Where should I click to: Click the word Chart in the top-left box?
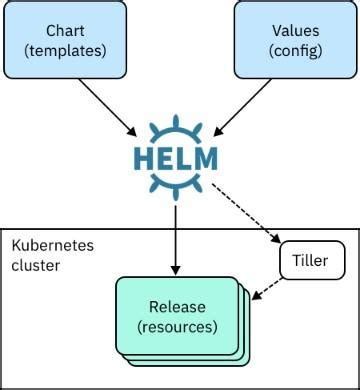[x=65, y=31]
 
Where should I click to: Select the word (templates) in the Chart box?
[x=65, y=51]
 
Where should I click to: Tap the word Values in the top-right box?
[x=296, y=31]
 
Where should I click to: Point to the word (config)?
[x=296, y=51]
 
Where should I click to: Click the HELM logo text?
[x=176, y=159]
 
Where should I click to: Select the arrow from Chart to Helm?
[x=108, y=107]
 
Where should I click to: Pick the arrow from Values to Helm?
[x=242, y=107]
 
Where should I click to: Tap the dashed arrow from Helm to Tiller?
[x=246, y=213]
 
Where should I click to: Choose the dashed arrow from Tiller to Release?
[x=267, y=289]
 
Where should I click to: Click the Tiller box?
[x=312, y=260]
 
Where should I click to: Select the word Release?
[x=177, y=307]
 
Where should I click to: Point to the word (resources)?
[x=177, y=327]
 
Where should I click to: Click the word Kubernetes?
[x=53, y=246]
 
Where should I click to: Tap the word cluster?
[x=36, y=265]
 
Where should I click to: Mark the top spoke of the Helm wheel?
[x=176, y=122]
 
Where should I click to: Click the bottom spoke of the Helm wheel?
[x=176, y=194]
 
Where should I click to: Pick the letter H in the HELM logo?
[x=145, y=159]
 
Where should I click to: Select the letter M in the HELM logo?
[x=205, y=159]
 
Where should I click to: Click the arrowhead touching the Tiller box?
[x=276, y=239]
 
